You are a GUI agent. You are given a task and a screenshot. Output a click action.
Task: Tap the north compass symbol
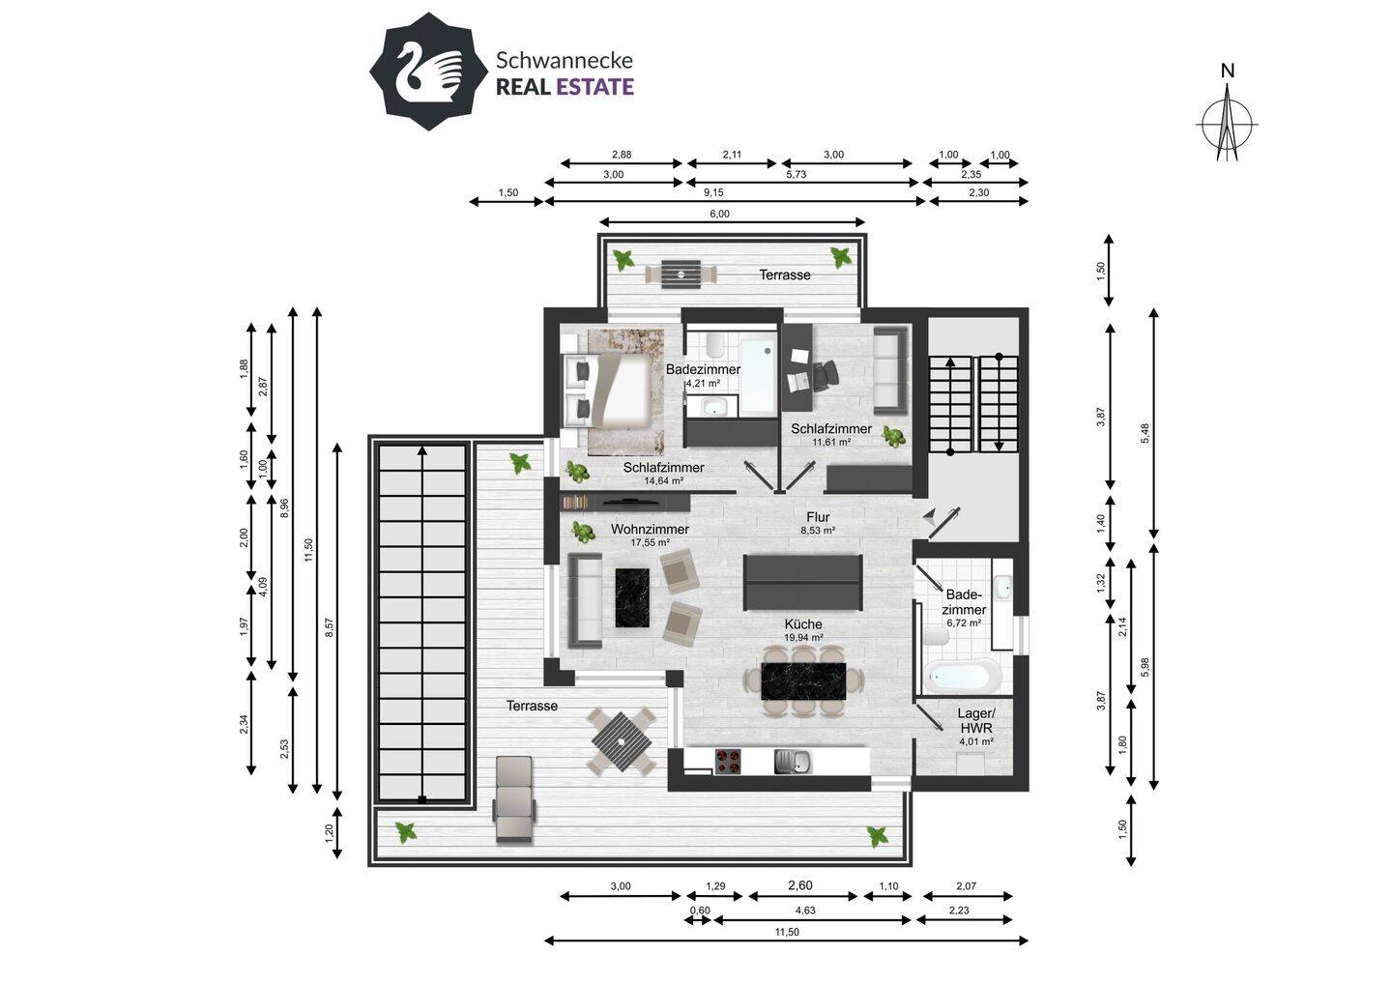pos(1227,122)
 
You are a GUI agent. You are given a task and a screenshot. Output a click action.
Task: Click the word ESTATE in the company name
pos(594,87)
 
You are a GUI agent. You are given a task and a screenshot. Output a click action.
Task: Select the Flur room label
pos(818,517)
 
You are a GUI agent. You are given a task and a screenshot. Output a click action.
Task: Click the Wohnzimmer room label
pos(650,529)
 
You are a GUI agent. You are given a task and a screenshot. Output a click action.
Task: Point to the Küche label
pos(803,624)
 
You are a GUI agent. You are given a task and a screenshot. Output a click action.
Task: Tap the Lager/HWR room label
pos(975,720)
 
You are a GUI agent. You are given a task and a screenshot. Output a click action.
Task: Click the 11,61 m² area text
pos(830,442)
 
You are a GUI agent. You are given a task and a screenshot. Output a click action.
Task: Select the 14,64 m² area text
pos(663,480)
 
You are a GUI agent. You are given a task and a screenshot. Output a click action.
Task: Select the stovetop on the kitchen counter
pos(728,761)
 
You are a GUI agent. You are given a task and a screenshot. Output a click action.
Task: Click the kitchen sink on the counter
pos(793,762)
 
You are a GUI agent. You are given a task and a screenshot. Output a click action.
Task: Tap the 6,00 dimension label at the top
pos(719,215)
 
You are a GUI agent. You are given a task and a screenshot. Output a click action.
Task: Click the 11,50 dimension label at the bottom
pos(786,933)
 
